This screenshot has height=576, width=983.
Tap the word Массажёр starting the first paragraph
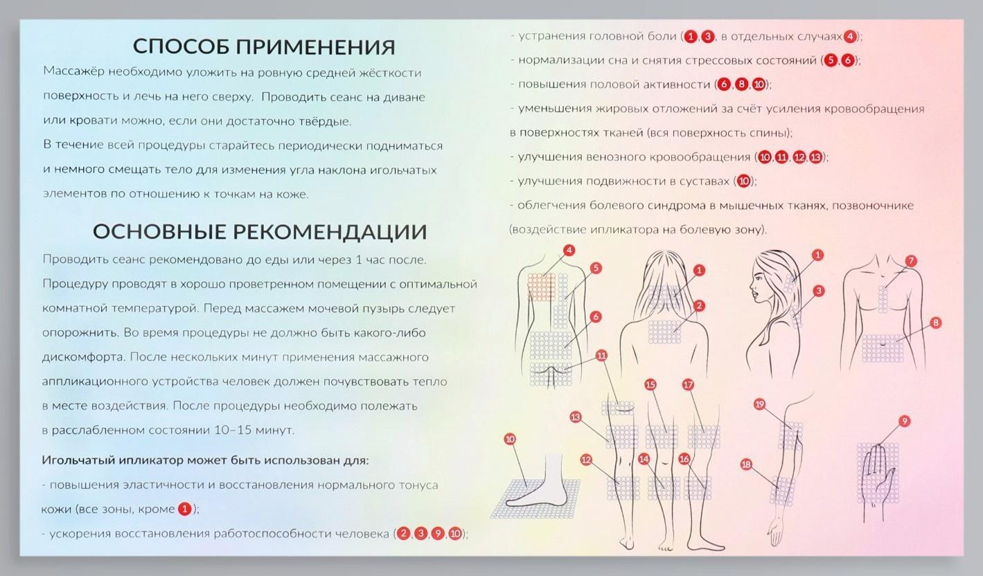click(x=69, y=72)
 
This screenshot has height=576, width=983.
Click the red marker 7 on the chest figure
click(x=911, y=261)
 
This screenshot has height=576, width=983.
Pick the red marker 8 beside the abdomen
click(x=936, y=322)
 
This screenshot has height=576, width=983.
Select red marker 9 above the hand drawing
click(x=903, y=421)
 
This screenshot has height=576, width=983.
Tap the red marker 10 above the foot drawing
click(x=510, y=439)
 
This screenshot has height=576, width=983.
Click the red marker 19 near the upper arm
click(x=759, y=404)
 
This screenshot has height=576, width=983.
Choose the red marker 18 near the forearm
click(x=746, y=465)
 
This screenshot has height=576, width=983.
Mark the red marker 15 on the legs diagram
click(x=650, y=385)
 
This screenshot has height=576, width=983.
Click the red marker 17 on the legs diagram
click(x=688, y=385)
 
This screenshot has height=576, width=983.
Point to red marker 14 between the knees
click(x=644, y=458)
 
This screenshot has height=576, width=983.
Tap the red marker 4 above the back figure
click(x=569, y=251)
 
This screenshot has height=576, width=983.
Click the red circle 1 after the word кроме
click(x=184, y=509)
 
